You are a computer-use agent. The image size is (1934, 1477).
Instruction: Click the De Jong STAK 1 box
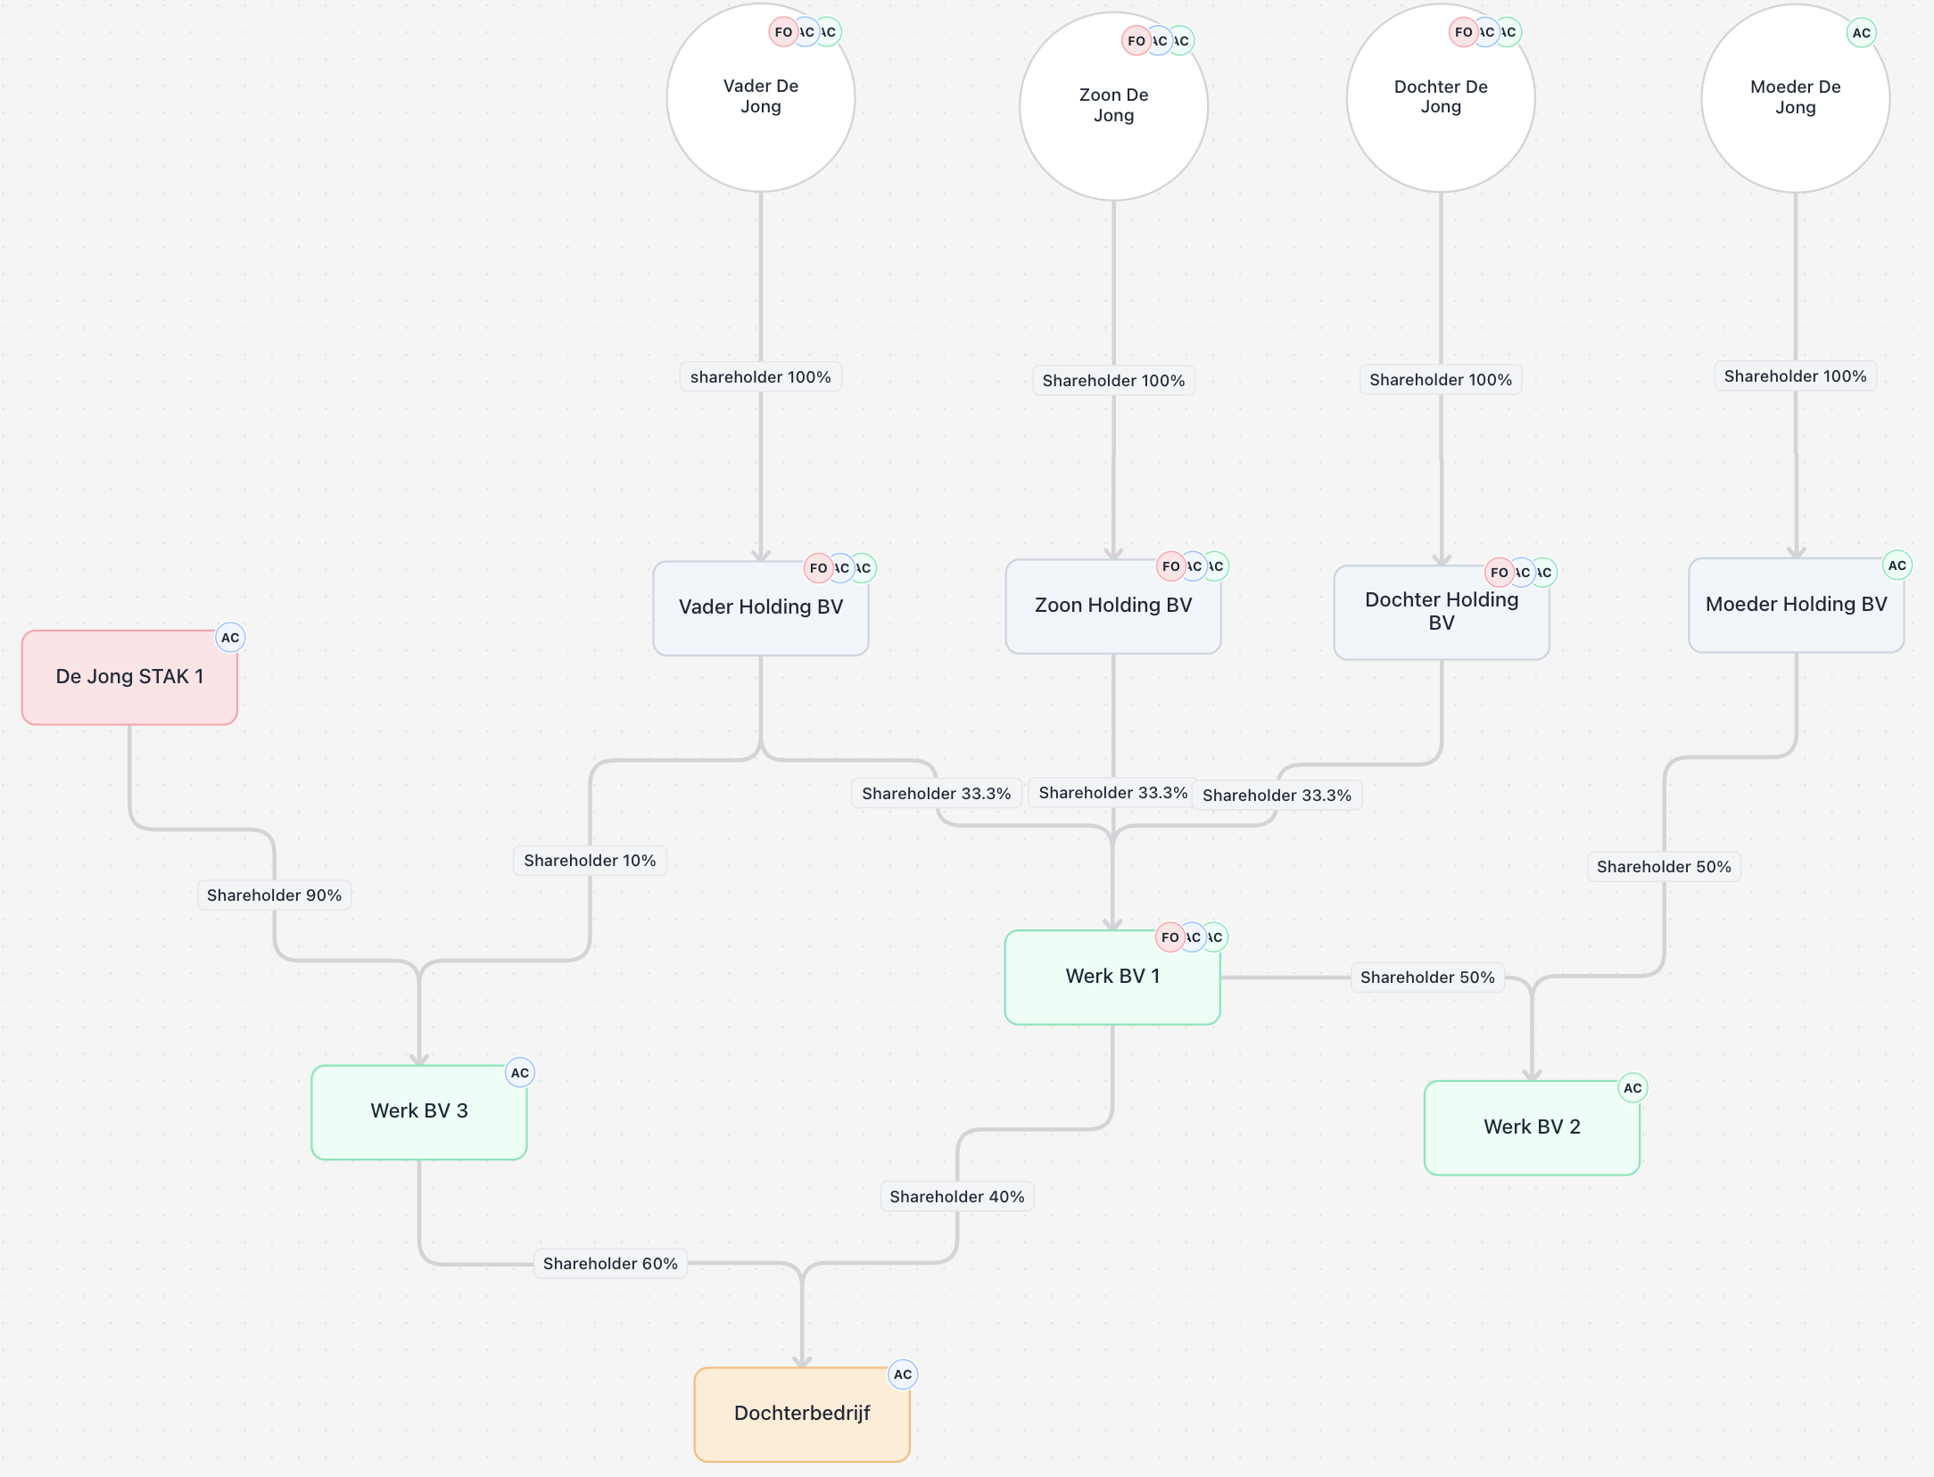pyautogui.click(x=129, y=677)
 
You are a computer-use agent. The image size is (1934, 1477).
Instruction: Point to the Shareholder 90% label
pyautogui.click(x=274, y=895)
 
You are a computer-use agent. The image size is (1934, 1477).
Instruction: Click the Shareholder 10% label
pyautogui.click(x=590, y=861)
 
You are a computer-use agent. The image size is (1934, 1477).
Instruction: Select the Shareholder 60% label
pyautogui.click(x=610, y=1264)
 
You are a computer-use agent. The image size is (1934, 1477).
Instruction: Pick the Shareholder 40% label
pyautogui.click(x=956, y=1197)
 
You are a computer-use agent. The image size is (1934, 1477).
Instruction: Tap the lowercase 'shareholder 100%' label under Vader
pyautogui.click(x=760, y=377)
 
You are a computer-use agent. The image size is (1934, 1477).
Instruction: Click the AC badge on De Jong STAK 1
pyautogui.click(x=230, y=638)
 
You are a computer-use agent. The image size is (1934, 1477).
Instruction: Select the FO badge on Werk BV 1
pyautogui.click(x=1169, y=937)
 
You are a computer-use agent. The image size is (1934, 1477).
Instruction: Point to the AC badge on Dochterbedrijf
pyautogui.click(x=903, y=1374)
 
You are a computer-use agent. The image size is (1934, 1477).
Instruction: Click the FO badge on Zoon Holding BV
pyautogui.click(x=1170, y=566)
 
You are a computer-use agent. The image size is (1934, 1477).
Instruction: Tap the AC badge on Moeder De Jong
pyautogui.click(x=1861, y=33)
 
